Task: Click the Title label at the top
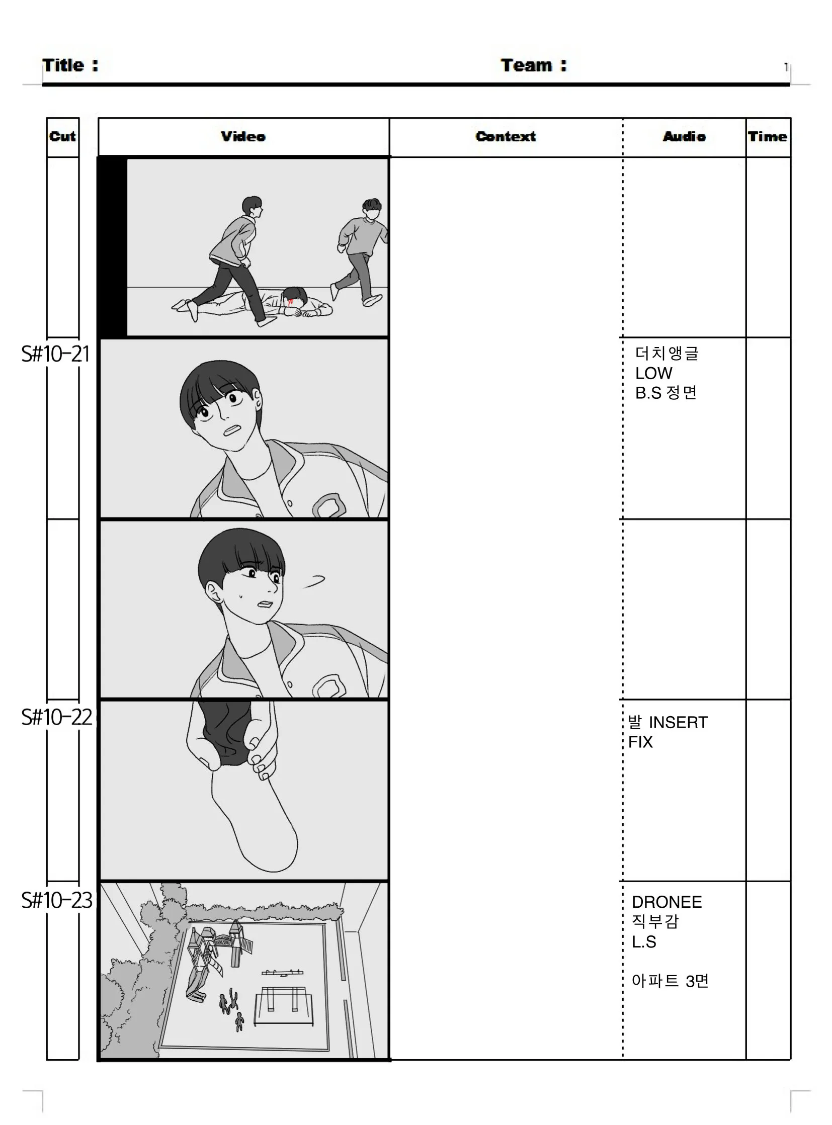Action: pyautogui.click(x=70, y=65)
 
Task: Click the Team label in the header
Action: pyautogui.click(x=533, y=65)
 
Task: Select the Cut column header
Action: pyautogui.click(x=62, y=136)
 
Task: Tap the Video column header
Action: pyautogui.click(x=243, y=136)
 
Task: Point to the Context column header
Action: pyautogui.click(x=506, y=136)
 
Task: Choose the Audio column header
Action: pyautogui.click(x=685, y=136)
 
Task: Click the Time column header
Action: pyautogui.click(x=768, y=136)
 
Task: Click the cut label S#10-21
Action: pyautogui.click(x=55, y=354)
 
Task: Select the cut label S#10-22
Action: pyautogui.click(x=56, y=717)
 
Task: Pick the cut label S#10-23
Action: pyautogui.click(x=56, y=900)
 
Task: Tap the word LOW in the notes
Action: pyautogui.click(x=653, y=373)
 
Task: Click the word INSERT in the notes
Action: pyautogui.click(x=678, y=723)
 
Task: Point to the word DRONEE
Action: pyautogui.click(x=667, y=902)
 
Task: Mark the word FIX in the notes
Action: pyautogui.click(x=640, y=742)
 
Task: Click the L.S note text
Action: pyautogui.click(x=644, y=942)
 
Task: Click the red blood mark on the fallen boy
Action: pyautogui.click(x=291, y=302)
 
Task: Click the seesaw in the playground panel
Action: pyautogui.click(x=283, y=972)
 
